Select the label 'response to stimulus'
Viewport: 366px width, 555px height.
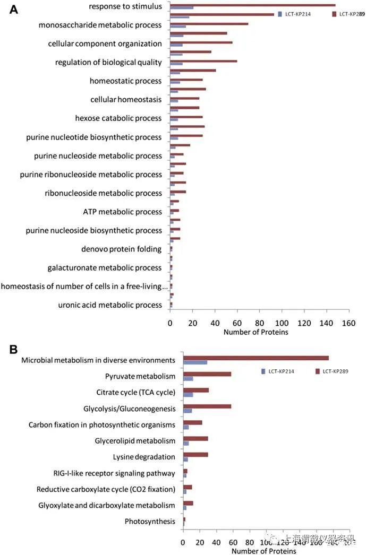point(125,6)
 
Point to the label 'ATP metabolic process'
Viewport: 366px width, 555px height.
point(122,212)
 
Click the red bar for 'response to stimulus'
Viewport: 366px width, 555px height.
point(252,5)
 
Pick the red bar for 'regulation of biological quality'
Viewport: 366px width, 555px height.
point(203,61)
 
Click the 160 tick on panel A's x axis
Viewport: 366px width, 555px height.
point(348,323)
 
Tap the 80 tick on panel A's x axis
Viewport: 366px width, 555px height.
point(259,323)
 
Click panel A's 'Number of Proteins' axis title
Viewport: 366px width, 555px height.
point(256,332)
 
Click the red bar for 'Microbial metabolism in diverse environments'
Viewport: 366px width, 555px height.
point(256,358)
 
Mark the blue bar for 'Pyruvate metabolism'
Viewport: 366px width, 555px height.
point(188,378)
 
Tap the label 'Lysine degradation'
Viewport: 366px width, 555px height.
point(144,457)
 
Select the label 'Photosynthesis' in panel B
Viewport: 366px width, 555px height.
point(150,522)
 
